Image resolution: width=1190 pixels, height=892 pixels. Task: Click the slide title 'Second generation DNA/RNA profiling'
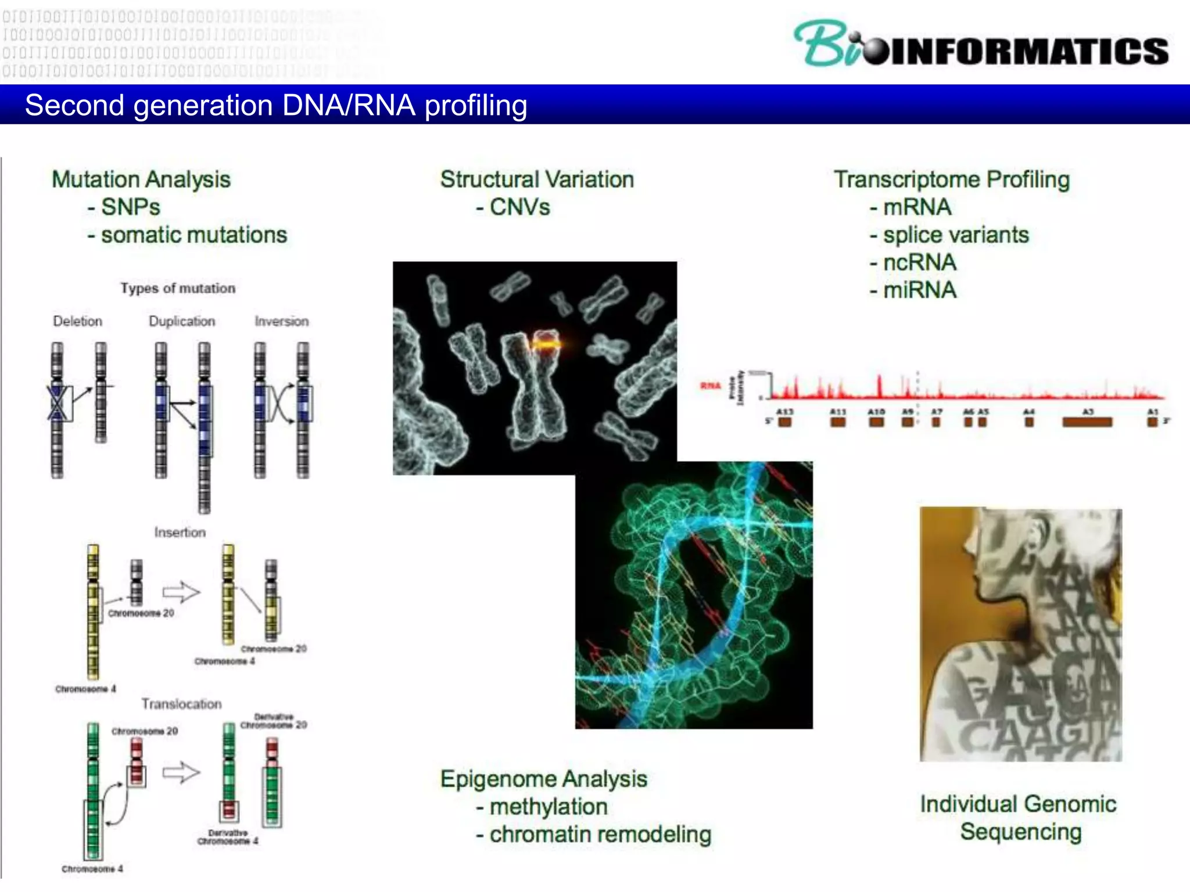pyautogui.click(x=276, y=106)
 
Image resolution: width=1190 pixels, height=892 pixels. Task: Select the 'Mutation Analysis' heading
pyautogui.click(x=141, y=179)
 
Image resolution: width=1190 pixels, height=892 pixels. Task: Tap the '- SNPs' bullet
pyautogui.click(x=124, y=207)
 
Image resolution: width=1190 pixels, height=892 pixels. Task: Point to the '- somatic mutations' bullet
pyautogui.click(x=187, y=235)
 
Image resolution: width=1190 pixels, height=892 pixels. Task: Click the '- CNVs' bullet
pyautogui.click(x=512, y=207)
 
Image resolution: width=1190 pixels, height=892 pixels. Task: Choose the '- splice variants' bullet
pyautogui.click(x=949, y=235)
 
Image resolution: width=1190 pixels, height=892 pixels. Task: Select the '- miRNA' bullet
pyautogui.click(x=913, y=290)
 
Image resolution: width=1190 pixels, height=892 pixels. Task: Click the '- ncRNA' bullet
pyautogui.click(x=913, y=262)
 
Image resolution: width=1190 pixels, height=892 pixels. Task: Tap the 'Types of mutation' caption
pyautogui.click(x=178, y=288)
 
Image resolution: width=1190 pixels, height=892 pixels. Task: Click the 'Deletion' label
pyautogui.click(x=77, y=321)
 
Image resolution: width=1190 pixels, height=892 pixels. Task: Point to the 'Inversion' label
pyautogui.click(x=282, y=321)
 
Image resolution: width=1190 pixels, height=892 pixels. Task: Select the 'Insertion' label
pyautogui.click(x=180, y=532)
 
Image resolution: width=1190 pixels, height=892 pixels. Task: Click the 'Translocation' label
pyautogui.click(x=181, y=704)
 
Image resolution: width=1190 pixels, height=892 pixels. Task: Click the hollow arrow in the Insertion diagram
pyautogui.click(x=181, y=592)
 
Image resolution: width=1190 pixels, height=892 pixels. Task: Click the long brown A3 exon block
pyautogui.click(x=1087, y=422)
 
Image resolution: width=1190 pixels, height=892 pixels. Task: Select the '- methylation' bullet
pyautogui.click(x=542, y=807)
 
